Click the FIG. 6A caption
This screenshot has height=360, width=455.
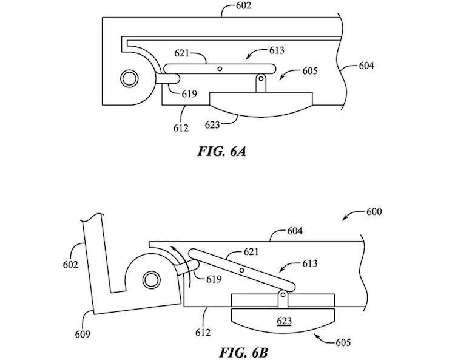pos(221,151)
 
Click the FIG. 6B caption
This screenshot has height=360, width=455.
pos(243,353)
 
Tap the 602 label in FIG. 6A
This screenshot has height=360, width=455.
pos(243,6)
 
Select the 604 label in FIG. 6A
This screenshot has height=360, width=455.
pos(366,66)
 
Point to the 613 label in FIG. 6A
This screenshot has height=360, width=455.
pos(277,50)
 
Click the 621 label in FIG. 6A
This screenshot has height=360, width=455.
pos(181,53)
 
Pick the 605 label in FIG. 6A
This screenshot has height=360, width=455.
pos(310,71)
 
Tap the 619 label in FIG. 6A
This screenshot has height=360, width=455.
pos(189,93)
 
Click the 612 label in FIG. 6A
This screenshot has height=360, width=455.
pos(181,127)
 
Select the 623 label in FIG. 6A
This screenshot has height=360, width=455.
pos(212,125)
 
